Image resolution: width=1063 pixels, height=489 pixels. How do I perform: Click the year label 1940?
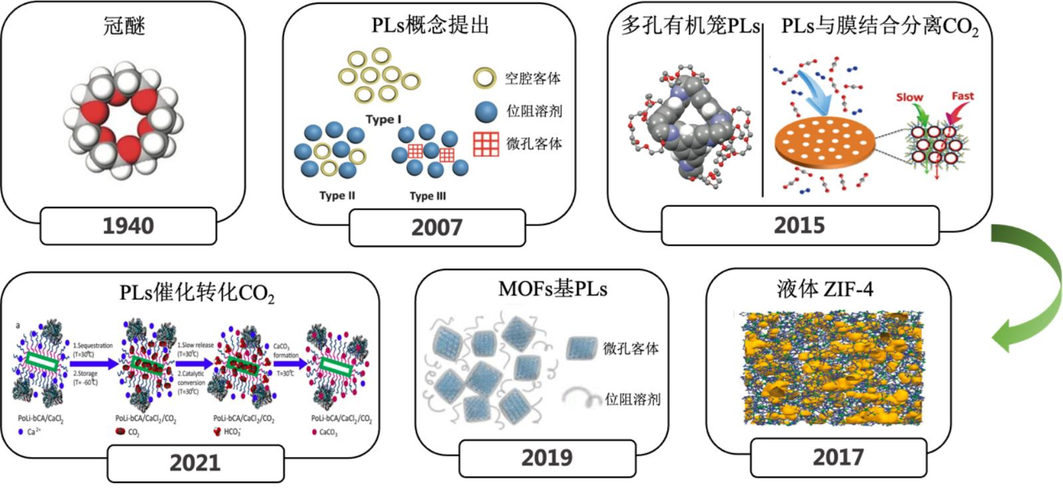click(128, 226)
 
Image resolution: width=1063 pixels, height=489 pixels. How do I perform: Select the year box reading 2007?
click(436, 228)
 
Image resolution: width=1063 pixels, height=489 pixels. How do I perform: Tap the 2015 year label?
click(799, 226)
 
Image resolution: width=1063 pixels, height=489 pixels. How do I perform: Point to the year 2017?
click(837, 458)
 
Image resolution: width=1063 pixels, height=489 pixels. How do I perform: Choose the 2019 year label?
click(546, 458)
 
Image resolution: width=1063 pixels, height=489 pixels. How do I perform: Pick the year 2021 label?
click(195, 462)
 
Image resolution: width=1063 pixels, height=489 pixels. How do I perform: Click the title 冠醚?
click(124, 27)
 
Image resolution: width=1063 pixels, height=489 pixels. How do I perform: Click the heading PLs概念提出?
click(430, 25)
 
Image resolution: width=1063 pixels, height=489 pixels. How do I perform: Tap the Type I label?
click(383, 120)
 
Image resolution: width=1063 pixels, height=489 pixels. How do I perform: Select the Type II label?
click(337, 196)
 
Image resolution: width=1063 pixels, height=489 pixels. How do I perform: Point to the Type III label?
click(428, 196)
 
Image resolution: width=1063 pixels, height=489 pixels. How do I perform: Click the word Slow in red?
click(909, 97)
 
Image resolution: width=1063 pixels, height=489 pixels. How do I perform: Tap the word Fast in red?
click(962, 96)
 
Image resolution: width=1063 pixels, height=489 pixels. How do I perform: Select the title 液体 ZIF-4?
click(824, 289)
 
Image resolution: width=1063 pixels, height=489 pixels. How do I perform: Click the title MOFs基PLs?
click(552, 289)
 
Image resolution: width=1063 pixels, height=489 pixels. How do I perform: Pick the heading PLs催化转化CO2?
click(197, 293)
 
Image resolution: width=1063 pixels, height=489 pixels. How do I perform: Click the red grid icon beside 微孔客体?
click(486, 144)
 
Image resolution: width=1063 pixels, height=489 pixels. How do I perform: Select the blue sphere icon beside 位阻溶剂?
click(486, 112)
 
